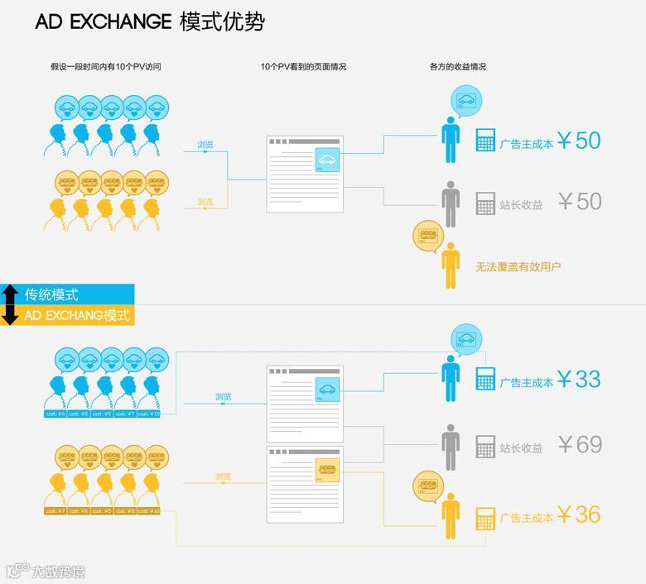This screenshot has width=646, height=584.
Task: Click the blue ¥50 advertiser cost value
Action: [579, 141]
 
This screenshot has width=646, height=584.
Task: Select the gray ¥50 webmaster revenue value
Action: [579, 201]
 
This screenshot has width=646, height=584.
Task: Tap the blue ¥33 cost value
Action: [579, 379]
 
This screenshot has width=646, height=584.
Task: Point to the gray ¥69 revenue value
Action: [579, 444]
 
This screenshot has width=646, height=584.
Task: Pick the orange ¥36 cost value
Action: [579, 514]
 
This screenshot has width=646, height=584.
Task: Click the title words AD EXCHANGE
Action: [103, 22]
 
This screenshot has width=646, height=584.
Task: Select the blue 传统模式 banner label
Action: [51, 294]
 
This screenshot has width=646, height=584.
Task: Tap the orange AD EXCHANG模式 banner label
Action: [76, 315]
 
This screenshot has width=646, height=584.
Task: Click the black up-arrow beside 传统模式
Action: [10, 294]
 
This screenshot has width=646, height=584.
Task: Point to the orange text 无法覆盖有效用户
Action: [518, 266]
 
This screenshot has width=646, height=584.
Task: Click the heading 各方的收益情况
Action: [452, 66]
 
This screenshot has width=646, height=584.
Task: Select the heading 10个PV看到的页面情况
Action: [303, 66]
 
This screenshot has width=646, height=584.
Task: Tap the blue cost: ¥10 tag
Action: [150, 413]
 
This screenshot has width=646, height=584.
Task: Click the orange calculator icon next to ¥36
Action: [485, 518]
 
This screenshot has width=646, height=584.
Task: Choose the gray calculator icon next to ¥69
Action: [485, 448]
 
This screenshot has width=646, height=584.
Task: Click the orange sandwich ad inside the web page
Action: [327, 470]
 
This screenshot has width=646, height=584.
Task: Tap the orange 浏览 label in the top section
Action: [205, 202]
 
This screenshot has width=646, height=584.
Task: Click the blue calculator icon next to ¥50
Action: [485, 141]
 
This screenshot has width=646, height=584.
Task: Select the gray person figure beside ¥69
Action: [451, 448]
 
